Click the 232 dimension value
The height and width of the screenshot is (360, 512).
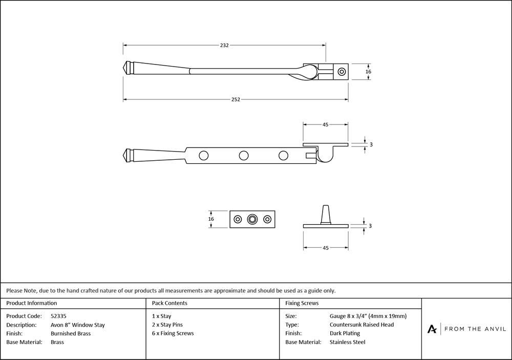(x=224, y=45)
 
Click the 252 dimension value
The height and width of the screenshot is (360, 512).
(x=236, y=99)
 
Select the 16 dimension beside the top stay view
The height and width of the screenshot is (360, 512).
(x=368, y=72)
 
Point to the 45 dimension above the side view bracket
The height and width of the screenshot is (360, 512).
(x=326, y=124)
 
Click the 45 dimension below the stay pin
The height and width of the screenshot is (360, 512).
(x=326, y=248)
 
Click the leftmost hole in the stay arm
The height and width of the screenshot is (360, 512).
(x=204, y=155)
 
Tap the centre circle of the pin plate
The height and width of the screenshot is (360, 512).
(x=252, y=219)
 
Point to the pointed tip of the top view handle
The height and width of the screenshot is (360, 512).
(x=124, y=67)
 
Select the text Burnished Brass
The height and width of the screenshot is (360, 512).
(x=71, y=333)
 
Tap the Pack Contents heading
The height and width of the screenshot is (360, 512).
(x=169, y=303)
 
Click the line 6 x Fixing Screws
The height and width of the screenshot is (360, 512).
(x=173, y=333)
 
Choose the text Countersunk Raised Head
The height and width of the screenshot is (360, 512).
(x=362, y=325)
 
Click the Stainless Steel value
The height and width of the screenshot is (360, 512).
(x=348, y=342)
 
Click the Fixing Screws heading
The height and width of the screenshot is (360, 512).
(x=302, y=303)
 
